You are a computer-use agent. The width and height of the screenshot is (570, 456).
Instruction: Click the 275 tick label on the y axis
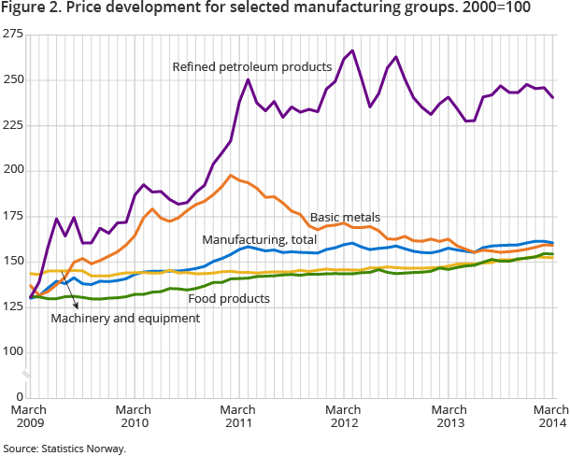coord(14,34)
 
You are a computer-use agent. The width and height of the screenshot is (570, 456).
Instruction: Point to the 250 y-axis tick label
coord(14,79)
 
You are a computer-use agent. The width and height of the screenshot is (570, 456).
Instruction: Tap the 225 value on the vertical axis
coord(14,125)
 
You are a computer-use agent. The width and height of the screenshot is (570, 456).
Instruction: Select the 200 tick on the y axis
coord(14,170)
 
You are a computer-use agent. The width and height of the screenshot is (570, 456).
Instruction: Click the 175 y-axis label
coord(14,216)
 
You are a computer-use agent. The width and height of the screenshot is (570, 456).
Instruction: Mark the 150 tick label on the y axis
coord(14,261)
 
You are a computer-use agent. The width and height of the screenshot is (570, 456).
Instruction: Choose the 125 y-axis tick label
coord(14,306)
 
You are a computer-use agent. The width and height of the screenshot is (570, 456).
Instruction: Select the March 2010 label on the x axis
coord(135,416)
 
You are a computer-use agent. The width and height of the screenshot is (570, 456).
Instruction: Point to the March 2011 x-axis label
coord(239,416)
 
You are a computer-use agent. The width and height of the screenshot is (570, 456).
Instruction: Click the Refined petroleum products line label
coord(252,67)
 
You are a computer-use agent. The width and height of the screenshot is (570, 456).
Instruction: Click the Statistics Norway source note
coord(64,448)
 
